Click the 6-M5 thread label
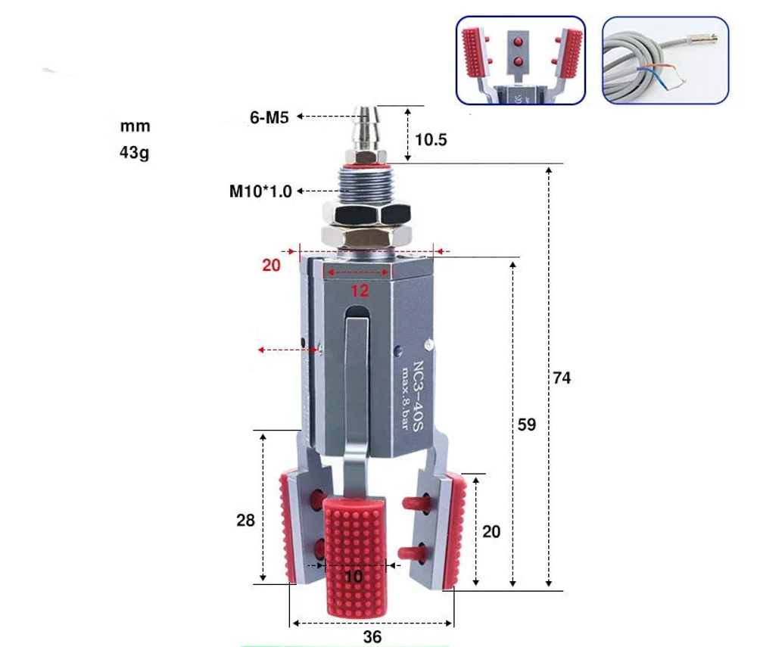[x=269, y=117]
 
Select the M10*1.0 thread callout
[x=260, y=191]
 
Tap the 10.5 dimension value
[x=432, y=140]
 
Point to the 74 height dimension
[x=561, y=378]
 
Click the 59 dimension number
[x=526, y=425]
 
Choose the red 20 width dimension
[x=271, y=265]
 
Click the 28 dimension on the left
[x=245, y=520]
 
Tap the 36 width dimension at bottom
[x=372, y=636]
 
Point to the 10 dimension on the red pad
[x=354, y=577]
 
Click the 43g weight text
[x=135, y=153]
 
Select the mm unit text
[x=135, y=126]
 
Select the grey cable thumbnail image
[x=665, y=61]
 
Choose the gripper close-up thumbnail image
[x=520, y=61]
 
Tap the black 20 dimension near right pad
[x=491, y=532]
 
